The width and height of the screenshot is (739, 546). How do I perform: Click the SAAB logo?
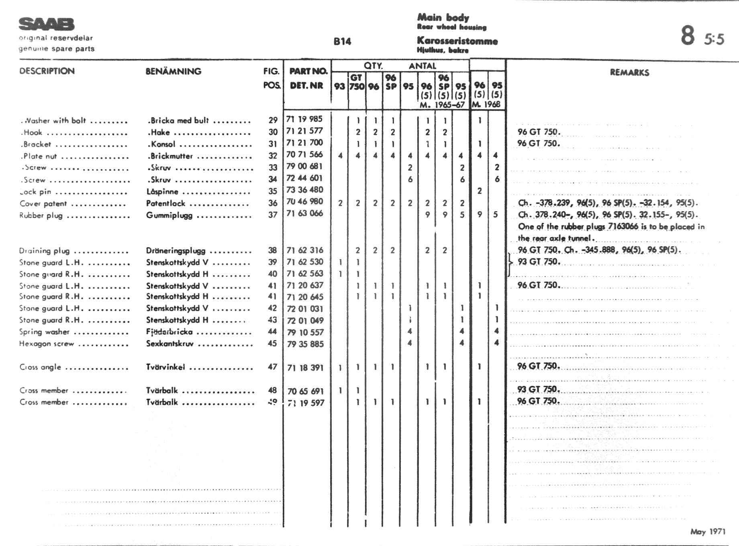point(46,24)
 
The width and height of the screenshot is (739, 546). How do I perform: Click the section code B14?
point(342,42)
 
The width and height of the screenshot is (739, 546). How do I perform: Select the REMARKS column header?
point(629,73)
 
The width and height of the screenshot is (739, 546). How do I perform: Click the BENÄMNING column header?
point(173,71)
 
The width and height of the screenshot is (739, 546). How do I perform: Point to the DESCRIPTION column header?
point(47,71)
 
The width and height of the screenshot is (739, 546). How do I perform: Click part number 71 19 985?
point(304,119)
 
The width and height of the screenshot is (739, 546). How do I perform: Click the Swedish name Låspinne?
point(162,192)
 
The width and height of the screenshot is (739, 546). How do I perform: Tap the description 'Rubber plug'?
point(41,216)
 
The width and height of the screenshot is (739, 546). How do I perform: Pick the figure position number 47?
point(273,367)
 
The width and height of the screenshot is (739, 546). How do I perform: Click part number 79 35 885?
point(305,344)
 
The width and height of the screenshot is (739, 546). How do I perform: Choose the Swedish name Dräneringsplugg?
point(176,251)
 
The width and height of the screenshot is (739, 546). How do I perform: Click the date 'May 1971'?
point(708,532)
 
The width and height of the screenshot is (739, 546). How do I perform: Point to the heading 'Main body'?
point(443,17)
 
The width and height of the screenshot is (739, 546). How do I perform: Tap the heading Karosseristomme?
point(457,41)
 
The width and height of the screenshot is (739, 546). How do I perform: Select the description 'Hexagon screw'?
point(47,344)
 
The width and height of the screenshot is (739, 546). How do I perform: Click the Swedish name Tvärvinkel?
point(165,367)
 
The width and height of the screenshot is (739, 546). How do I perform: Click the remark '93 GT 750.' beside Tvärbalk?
point(538,389)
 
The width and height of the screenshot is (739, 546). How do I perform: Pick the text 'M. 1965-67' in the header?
point(442,105)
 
